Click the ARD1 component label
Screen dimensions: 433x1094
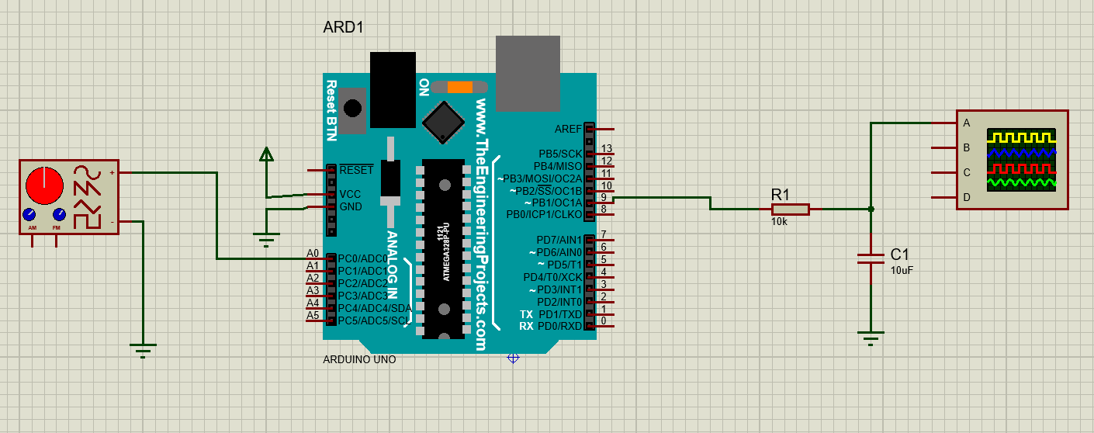tap(343, 28)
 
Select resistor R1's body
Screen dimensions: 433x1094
tap(790, 209)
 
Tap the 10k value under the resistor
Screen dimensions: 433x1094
tap(779, 222)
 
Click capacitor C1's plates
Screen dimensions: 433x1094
tap(871, 258)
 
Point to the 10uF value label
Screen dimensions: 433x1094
tap(902, 270)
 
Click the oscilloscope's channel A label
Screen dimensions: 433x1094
tap(966, 123)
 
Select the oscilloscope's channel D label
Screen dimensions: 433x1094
tap(966, 197)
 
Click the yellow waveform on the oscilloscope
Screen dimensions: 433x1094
tap(1020, 137)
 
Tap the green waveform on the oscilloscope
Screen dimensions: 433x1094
tap(1020, 183)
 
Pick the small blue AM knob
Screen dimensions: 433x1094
tap(29, 215)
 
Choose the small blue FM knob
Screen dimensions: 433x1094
tap(58, 215)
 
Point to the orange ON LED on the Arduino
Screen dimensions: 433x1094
tap(459, 87)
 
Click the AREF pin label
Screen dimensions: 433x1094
tap(568, 129)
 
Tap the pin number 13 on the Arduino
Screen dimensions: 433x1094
tap(607, 148)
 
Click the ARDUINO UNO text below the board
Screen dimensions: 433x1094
tap(359, 359)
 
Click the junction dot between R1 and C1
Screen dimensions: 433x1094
tap(871, 209)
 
